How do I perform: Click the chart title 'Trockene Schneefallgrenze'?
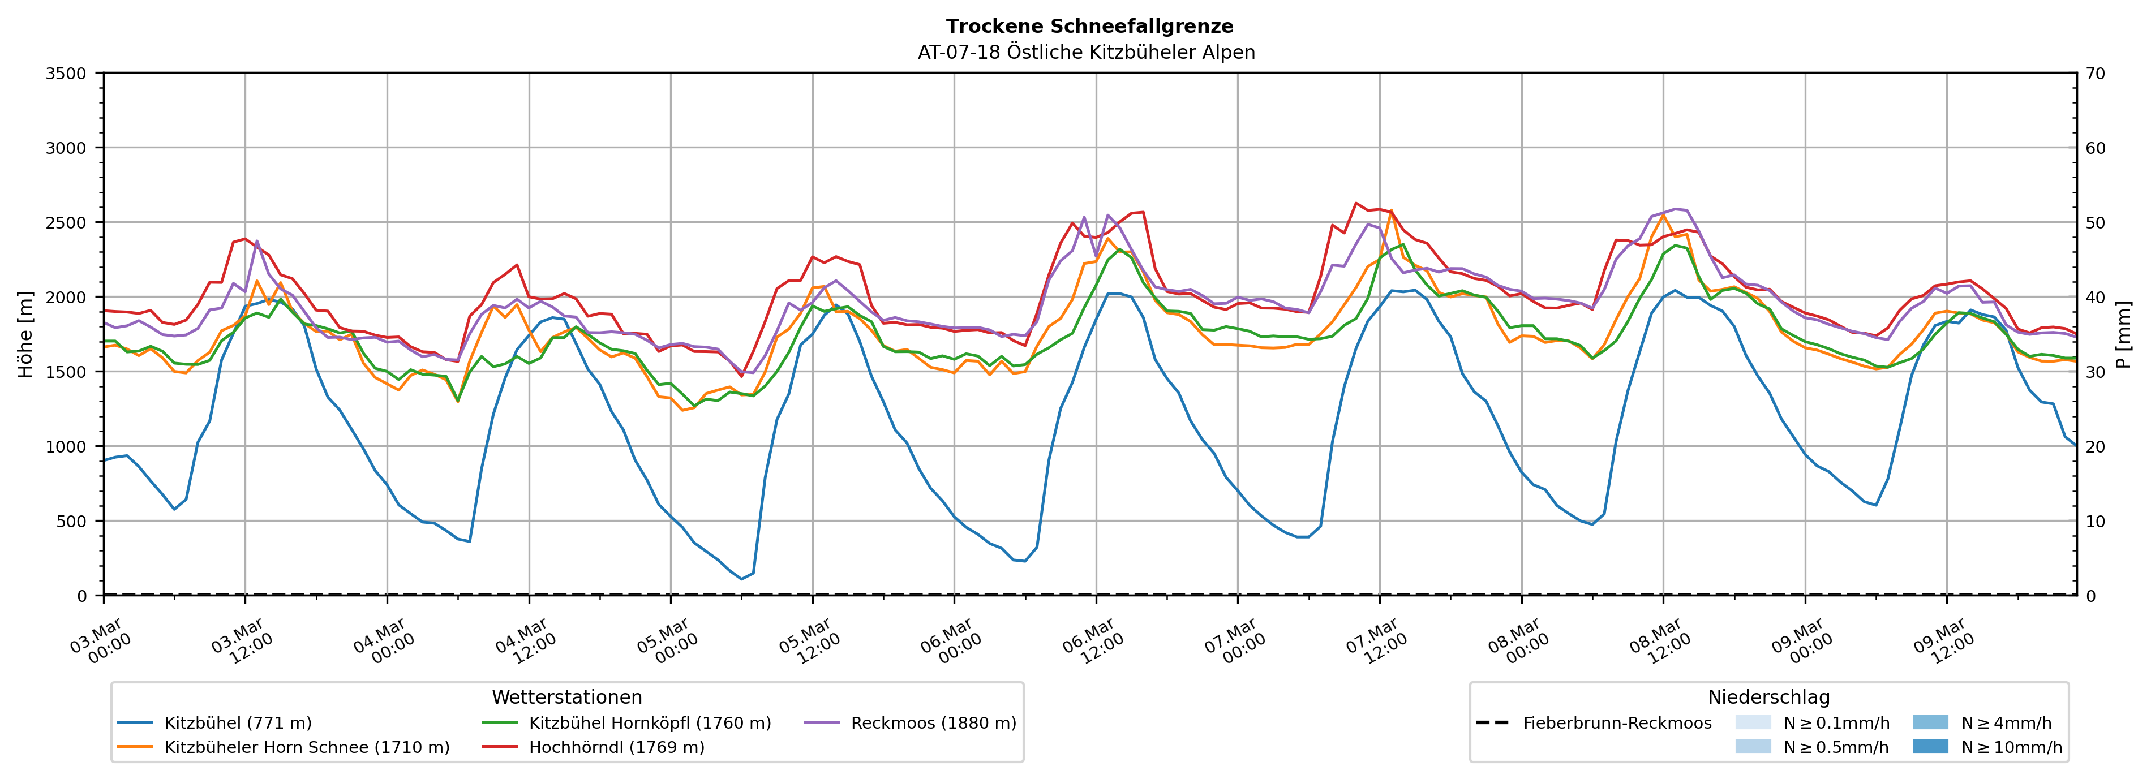[1089, 27]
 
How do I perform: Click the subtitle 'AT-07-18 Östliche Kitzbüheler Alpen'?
[1085, 53]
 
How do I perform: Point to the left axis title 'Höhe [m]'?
[26, 334]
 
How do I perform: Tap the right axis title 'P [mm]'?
[2123, 334]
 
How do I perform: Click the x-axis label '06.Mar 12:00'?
[1094, 641]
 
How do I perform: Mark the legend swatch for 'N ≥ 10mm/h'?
[1930, 746]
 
